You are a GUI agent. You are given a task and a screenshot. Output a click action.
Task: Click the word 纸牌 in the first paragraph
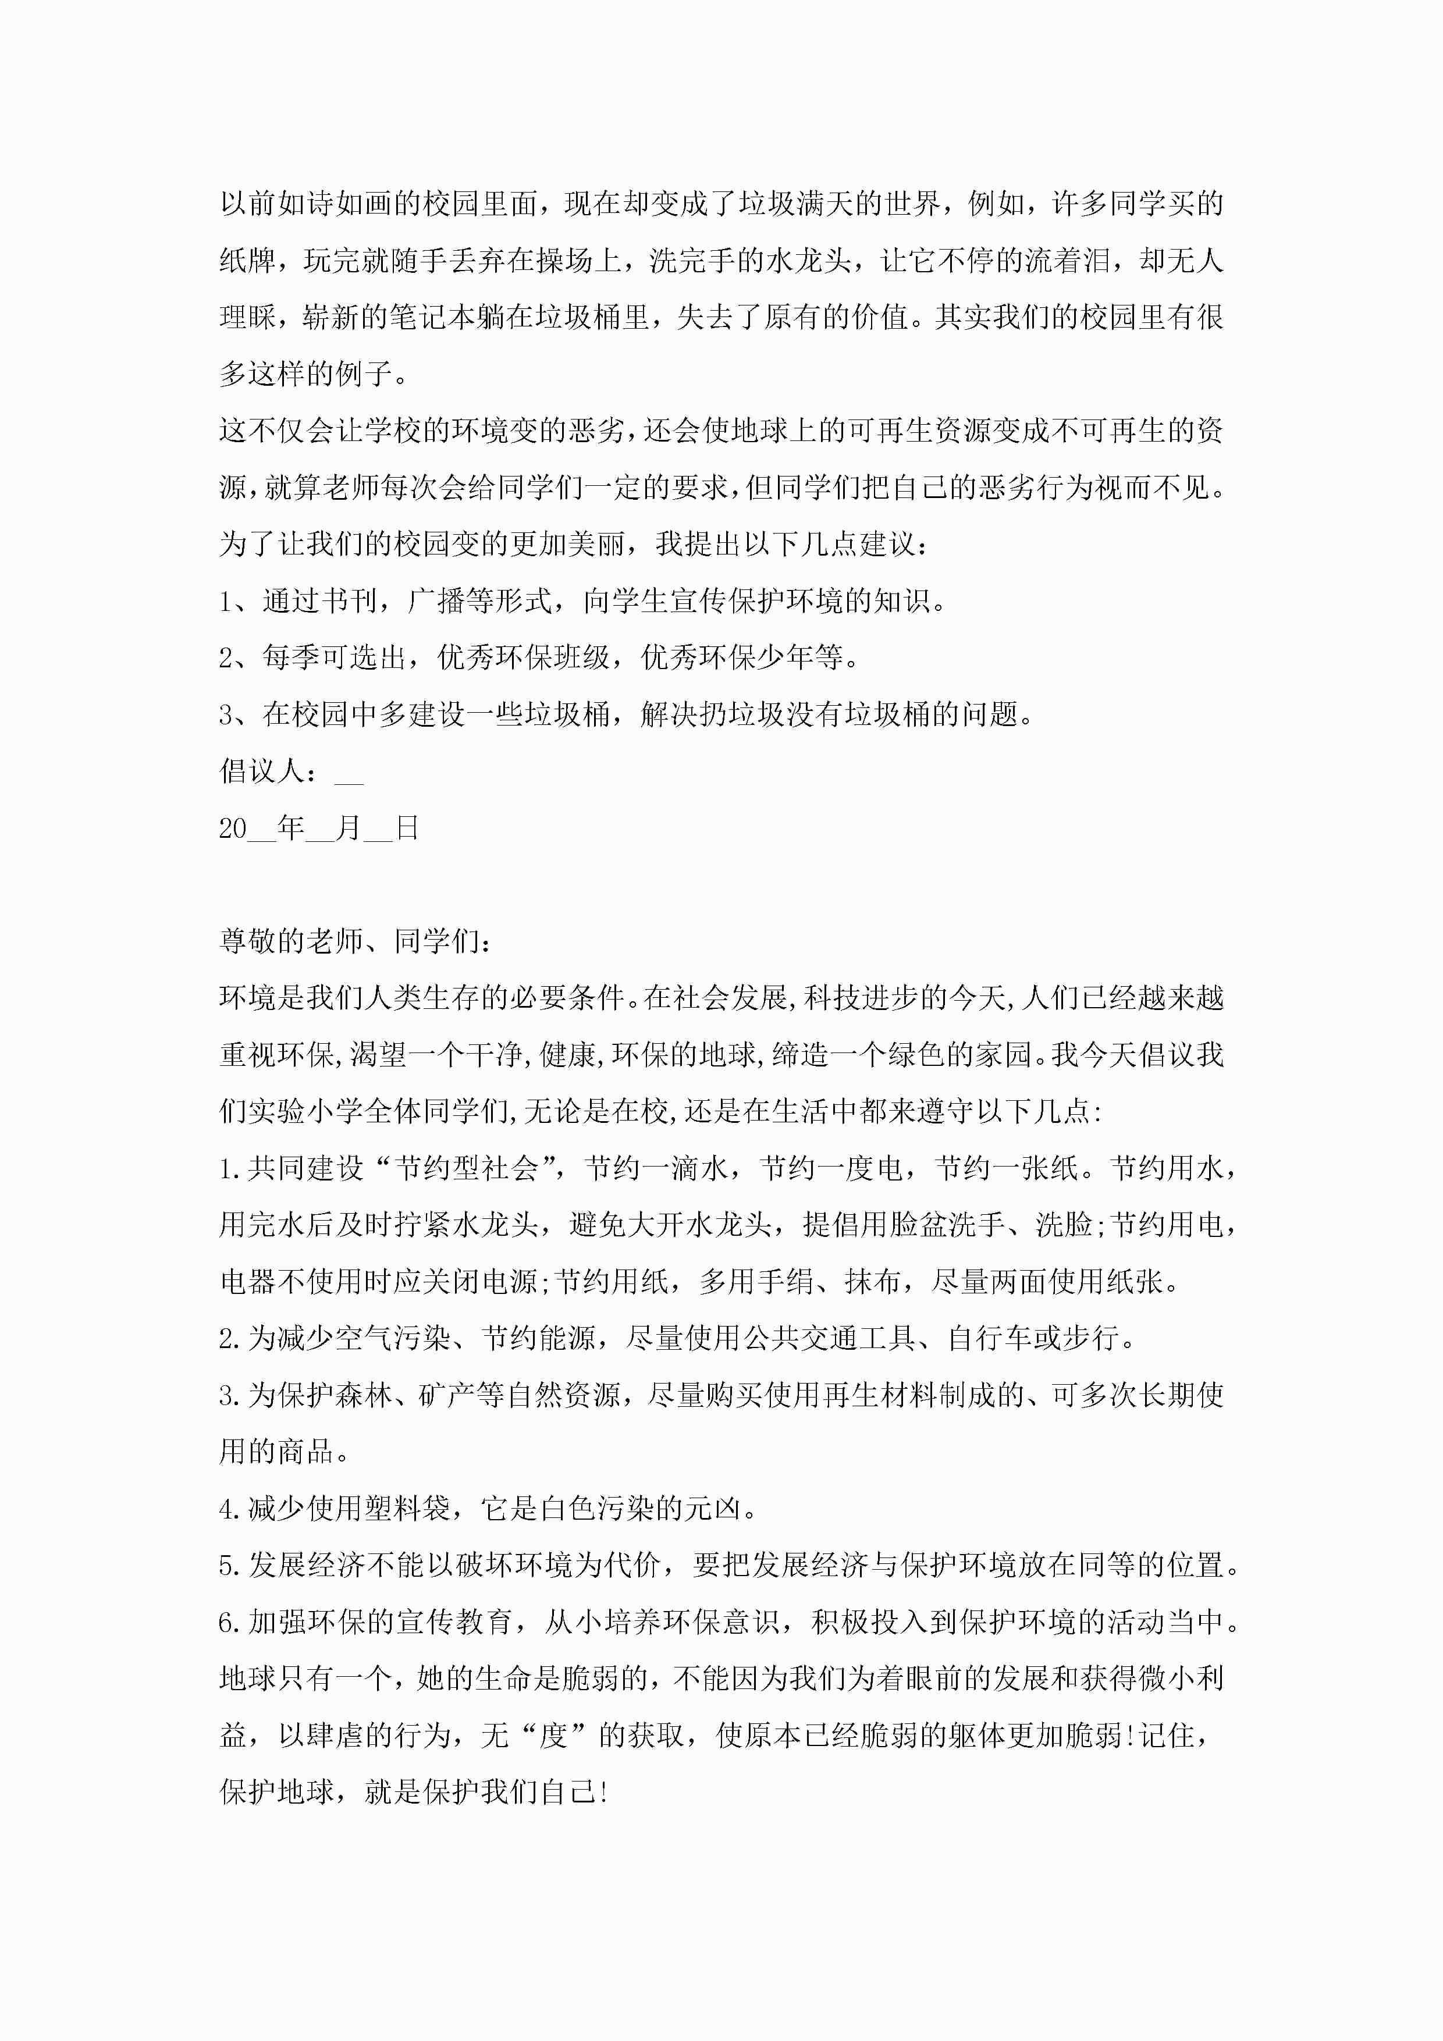(x=248, y=261)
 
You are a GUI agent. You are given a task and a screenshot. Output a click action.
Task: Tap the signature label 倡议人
(x=262, y=771)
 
